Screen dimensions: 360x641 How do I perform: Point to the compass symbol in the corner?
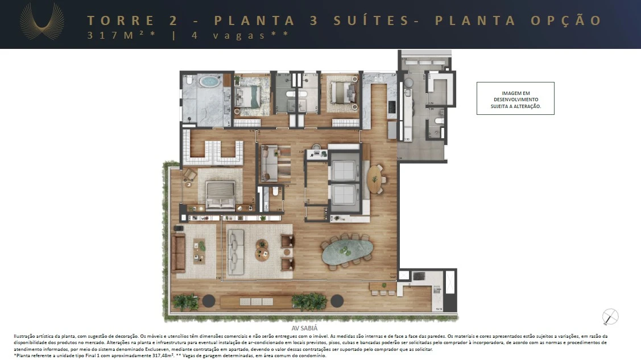(610, 317)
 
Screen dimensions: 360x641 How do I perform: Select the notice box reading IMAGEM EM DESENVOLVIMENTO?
(515, 98)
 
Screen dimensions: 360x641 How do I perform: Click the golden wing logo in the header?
(42, 22)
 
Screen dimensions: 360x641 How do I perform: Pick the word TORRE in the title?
(121, 20)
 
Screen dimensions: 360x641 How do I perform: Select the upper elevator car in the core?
(345, 169)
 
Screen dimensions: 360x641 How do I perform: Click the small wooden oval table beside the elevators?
(374, 178)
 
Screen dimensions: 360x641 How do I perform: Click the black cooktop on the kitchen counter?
(391, 106)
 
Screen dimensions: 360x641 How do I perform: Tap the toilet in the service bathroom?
(437, 121)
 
